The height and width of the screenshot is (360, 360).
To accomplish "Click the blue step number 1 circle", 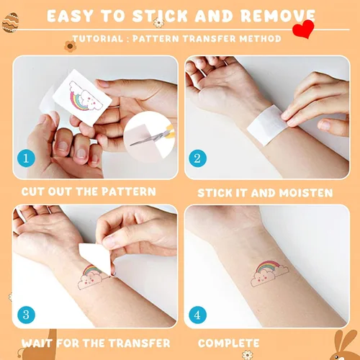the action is click(x=26, y=158).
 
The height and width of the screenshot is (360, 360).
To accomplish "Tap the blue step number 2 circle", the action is click(x=197, y=158).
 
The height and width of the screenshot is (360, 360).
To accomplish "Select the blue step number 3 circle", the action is click(x=26, y=315).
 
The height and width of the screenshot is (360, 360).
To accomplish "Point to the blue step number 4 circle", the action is click(x=197, y=315).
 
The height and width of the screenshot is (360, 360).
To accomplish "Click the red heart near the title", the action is click(x=303, y=29).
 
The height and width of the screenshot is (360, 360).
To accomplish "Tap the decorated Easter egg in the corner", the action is click(x=10, y=22).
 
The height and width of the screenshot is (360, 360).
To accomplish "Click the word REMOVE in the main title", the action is click(x=278, y=16).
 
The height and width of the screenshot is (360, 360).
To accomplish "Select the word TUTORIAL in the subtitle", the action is click(x=98, y=39).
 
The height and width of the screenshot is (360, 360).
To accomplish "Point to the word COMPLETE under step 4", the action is click(x=229, y=343).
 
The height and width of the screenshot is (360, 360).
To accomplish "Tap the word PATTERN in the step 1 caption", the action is click(x=129, y=192).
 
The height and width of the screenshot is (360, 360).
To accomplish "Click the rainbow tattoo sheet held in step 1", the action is click(x=82, y=97).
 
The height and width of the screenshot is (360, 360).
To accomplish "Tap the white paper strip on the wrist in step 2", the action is click(x=267, y=125).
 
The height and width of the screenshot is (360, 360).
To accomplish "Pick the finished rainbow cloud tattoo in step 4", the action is click(x=269, y=273).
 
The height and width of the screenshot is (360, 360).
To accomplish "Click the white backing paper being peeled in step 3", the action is click(x=96, y=258).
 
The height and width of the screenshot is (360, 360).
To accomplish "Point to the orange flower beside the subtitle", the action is click(x=70, y=46).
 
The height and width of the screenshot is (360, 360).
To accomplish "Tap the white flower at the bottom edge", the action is click(x=248, y=355).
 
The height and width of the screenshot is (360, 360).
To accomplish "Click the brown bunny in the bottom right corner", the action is click(x=345, y=346).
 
